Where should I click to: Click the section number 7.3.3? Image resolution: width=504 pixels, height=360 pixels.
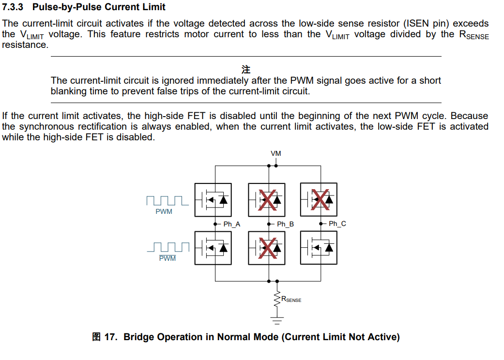15,7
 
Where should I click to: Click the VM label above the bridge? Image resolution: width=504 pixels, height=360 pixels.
275,153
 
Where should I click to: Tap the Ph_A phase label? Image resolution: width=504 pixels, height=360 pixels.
231,224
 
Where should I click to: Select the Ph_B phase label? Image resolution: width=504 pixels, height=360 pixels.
285,224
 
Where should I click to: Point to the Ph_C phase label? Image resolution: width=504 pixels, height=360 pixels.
337,224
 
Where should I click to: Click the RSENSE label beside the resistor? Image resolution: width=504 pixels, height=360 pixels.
291,300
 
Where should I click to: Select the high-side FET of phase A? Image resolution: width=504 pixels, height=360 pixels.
213,199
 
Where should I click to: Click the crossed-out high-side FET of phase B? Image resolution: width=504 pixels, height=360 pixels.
266,199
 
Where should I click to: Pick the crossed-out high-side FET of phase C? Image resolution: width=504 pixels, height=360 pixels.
319,199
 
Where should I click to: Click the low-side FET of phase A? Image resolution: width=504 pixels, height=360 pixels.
213,248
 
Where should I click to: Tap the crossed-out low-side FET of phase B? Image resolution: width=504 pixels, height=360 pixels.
266,248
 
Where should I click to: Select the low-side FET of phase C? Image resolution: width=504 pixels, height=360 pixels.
319,247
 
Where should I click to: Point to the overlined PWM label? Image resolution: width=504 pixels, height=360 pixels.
168,258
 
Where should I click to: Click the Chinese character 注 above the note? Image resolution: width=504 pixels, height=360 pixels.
246,69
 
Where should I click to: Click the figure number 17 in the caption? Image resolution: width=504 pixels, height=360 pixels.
111,337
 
